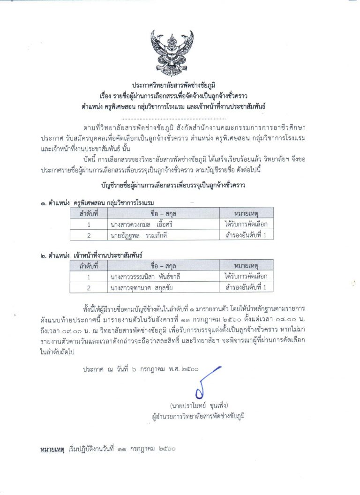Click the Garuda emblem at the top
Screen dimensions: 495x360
[x=172, y=52]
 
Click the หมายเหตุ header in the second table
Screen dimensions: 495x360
[x=246, y=265]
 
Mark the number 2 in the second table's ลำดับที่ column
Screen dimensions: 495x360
[x=88, y=287]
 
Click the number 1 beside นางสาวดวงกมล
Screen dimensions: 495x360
[x=88, y=224]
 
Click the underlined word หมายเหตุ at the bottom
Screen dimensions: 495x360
[x=52, y=449]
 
